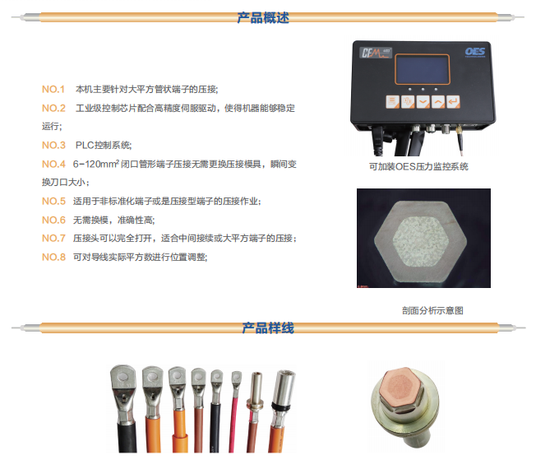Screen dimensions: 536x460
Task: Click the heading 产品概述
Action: tap(263, 17)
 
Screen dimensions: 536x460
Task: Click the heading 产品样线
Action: tap(268, 328)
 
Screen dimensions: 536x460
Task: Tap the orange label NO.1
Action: tap(53, 90)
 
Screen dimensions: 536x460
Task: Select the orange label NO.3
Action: tap(53, 145)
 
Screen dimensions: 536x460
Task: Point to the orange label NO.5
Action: tap(53, 202)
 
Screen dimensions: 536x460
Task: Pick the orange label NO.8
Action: tap(53, 257)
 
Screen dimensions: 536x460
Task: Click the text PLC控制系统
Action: tap(104, 145)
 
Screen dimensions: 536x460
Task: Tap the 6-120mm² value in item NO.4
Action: tap(95, 164)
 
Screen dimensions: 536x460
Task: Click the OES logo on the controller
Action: tap(475, 52)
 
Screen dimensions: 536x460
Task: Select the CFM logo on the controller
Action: tap(375, 53)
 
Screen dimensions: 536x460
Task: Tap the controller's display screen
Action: tap(423, 69)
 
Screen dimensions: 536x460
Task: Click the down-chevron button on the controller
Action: tap(423, 102)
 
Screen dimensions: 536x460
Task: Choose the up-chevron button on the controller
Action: tap(438, 102)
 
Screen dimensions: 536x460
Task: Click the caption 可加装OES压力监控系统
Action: tap(418, 167)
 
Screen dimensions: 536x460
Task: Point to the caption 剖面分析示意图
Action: tap(432, 310)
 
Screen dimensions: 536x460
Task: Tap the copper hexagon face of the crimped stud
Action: tap(400, 384)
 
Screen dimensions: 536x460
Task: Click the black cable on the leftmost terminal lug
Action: tap(127, 438)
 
